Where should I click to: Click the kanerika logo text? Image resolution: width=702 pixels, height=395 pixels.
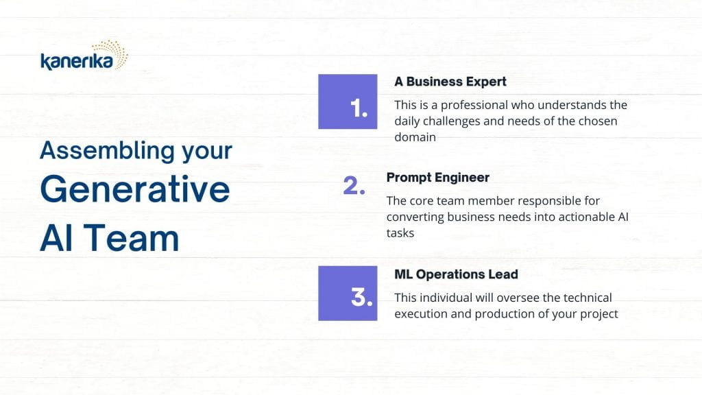coord(77,61)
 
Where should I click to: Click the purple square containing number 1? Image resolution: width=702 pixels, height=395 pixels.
coord(348,101)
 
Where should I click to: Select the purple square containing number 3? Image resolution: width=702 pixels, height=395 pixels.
coord(348,294)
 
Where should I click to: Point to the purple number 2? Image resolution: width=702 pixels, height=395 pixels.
coord(354,185)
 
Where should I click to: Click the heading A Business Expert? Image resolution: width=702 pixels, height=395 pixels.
coord(450,82)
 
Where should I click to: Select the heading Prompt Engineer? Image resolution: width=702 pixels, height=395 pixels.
coord(437,178)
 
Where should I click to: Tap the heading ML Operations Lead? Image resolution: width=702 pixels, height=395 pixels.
coord(456,274)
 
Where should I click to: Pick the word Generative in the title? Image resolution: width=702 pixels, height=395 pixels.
coord(135,189)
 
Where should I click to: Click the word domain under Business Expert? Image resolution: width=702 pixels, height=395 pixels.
coord(415,137)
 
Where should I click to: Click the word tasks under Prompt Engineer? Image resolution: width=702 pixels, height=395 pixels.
coord(400,233)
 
